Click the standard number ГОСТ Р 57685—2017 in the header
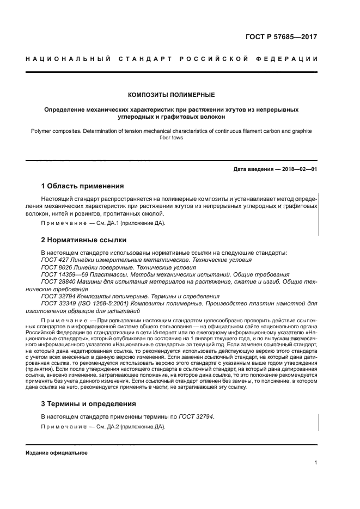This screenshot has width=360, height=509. [281, 38]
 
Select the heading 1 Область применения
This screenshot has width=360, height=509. [83, 186]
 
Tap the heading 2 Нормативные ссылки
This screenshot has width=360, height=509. [84, 240]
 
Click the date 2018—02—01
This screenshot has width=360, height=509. [296, 169]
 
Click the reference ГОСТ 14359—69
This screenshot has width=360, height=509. [60, 275]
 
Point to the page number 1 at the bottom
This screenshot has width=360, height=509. [315, 463]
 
